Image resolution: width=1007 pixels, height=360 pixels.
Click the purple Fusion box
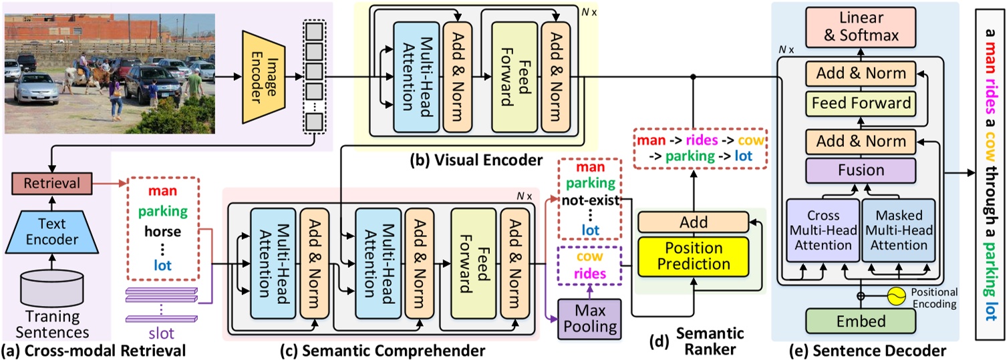click(x=861, y=170)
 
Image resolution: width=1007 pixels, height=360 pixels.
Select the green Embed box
click(x=861, y=321)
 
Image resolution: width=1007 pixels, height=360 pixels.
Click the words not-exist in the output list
click(x=588, y=201)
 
